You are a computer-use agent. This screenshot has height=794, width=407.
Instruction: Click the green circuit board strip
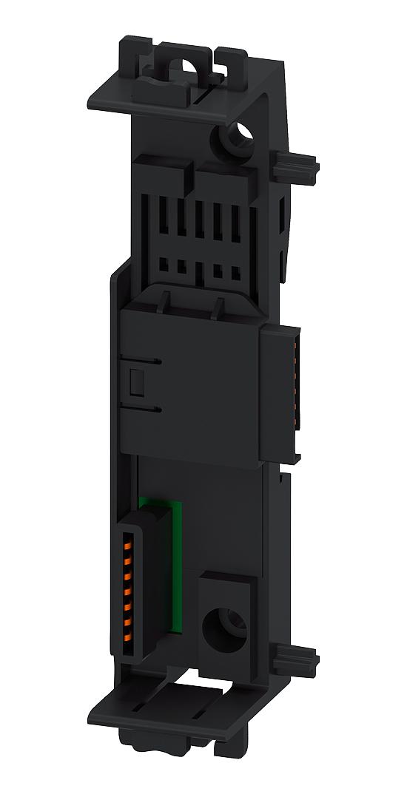click(x=176, y=566)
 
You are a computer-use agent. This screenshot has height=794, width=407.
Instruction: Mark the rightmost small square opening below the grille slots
click(x=235, y=271)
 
